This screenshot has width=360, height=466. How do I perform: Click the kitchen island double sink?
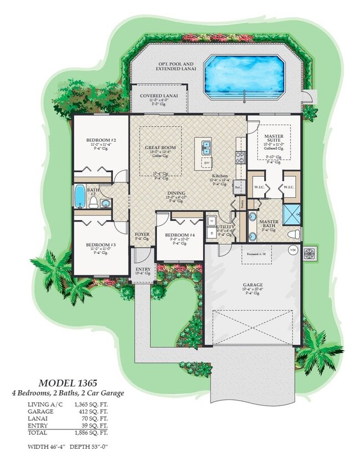click(206, 147)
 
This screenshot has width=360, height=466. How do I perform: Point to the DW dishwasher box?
click(206, 163)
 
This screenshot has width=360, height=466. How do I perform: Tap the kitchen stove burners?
click(240, 157)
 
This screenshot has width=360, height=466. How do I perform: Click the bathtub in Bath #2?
click(79, 196)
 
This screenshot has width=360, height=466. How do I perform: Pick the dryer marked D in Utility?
click(212, 233)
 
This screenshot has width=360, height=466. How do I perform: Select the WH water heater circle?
click(292, 250)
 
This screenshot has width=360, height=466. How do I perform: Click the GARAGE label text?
click(253, 286)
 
